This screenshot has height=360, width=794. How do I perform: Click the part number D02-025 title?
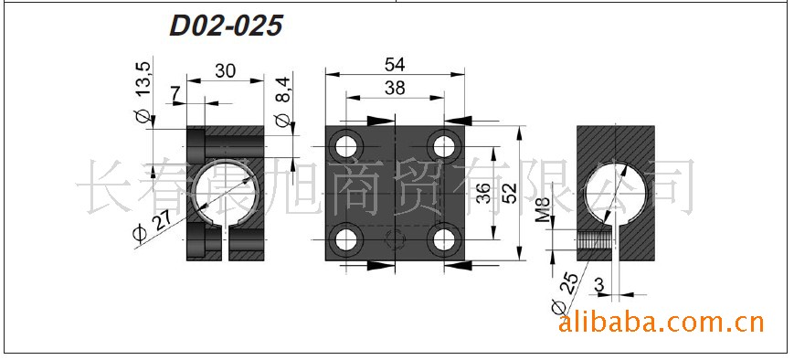click(226, 26)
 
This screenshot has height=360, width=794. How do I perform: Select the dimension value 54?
click(395, 65)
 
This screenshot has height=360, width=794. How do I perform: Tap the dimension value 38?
click(395, 88)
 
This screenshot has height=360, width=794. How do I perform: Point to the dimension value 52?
click(511, 193)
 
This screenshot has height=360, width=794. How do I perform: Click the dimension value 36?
click(483, 193)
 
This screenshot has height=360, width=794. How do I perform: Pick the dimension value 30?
click(226, 71)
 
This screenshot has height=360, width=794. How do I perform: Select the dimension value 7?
click(175, 93)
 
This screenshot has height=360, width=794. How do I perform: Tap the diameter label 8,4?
click(283, 101)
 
